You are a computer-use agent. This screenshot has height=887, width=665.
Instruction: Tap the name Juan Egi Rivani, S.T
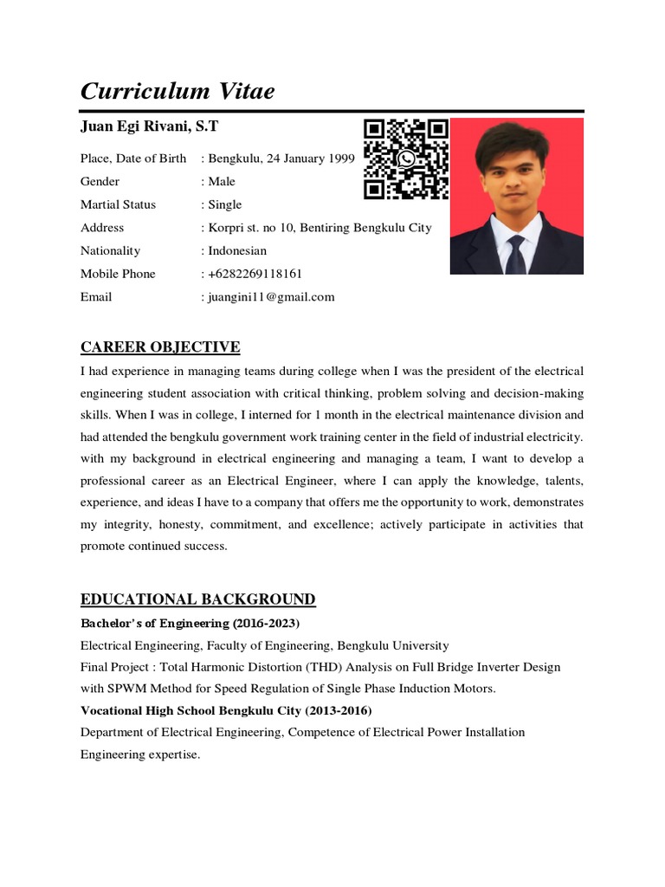point(149,127)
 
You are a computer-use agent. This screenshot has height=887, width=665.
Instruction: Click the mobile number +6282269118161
point(255,274)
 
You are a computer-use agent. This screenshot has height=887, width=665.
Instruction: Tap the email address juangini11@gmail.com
point(271,297)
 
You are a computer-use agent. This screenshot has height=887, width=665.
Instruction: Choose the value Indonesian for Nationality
point(237,251)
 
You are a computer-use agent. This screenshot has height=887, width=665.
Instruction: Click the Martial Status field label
point(119,205)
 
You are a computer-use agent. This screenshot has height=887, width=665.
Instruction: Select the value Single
point(225,205)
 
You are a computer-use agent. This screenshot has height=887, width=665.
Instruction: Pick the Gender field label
point(100,182)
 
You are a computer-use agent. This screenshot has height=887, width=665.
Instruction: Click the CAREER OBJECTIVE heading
point(160,347)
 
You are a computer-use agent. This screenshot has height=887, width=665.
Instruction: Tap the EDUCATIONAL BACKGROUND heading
point(197,599)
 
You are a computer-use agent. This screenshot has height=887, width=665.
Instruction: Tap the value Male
point(222,182)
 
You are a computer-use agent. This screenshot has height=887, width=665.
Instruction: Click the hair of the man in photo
point(514,139)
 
